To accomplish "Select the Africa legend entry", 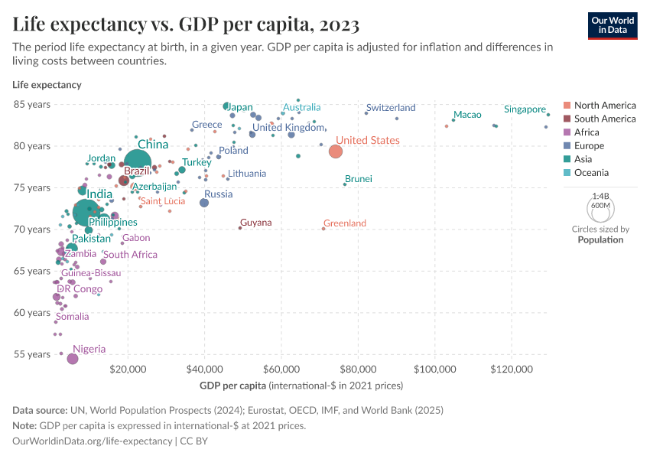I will click(588, 132).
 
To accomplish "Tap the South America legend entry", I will click(604, 119).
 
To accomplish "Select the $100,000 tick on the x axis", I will click(435, 369).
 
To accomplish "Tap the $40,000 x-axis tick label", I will click(204, 369).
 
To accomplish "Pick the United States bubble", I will click(336, 151).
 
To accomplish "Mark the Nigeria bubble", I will click(73, 359).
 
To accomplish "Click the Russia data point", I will click(204, 203).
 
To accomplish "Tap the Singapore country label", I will click(525, 109).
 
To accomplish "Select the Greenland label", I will click(344, 223).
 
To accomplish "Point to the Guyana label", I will click(255, 223).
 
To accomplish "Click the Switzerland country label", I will click(390, 108).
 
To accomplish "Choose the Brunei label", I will click(359, 179).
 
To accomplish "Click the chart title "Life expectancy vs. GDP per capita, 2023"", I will click(186, 24).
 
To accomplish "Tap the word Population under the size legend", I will click(600, 239).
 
